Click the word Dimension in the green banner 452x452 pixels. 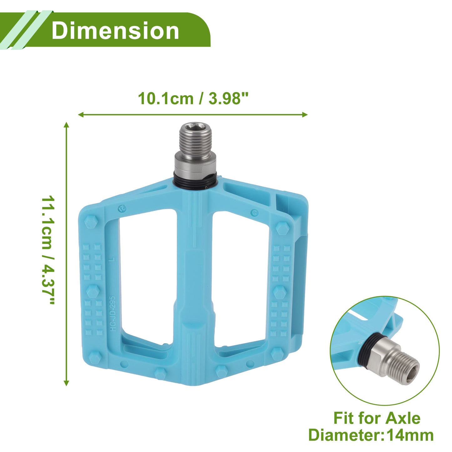pyautogui.click(x=115, y=30)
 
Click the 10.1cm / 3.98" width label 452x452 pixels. pyautogui.click(x=193, y=98)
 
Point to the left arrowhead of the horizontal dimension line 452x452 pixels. pyautogui.click(x=81, y=114)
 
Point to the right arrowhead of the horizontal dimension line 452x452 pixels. pyautogui.click(x=305, y=114)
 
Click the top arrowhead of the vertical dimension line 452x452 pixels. pyautogui.click(x=67, y=125)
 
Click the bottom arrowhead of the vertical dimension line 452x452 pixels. pyautogui.click(x=67, y=383)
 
